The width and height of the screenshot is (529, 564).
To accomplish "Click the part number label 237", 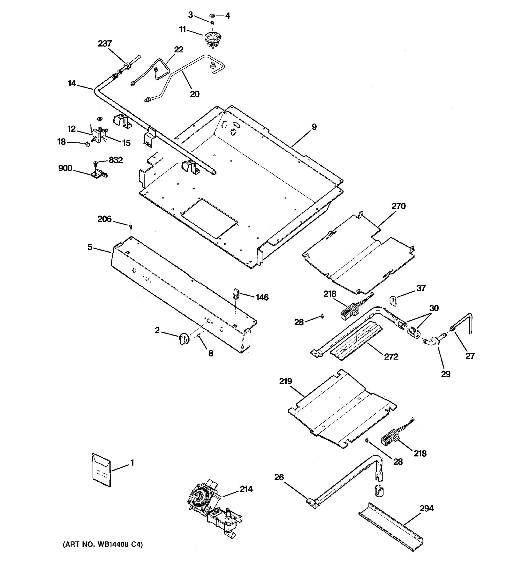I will (105, 44).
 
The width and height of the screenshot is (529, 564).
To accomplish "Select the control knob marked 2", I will (184, 339).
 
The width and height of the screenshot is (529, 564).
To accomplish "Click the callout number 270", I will (399, 206).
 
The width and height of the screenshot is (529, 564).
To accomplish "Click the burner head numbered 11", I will (212, 40).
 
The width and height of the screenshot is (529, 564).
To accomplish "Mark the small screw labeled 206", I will (130, 226).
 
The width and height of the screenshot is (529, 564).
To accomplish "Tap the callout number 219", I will (285, 381).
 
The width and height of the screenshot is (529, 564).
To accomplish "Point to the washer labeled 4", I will (212, 15).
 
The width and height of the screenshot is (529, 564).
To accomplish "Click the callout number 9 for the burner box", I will (314, 127).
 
